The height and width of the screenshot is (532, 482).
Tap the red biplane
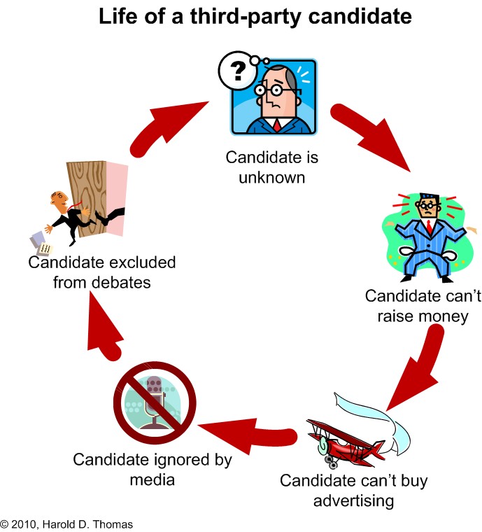(x=346, y=440)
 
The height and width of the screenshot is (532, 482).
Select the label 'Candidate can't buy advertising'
(x=353, y=491)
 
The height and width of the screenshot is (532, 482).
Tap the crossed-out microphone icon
(x=155, y=402)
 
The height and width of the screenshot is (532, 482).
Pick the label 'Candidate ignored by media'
(x=153, y=470)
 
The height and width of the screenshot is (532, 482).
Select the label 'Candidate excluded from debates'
(x=102, y=273)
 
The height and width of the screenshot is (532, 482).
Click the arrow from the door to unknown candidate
(x=168, y=126)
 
